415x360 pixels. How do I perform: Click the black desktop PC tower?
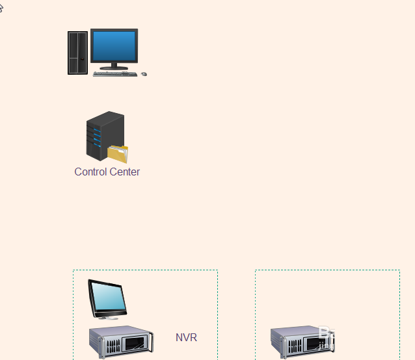pyautogui.click(x=77, y=53)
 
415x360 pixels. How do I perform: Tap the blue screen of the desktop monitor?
pyautogui.click(x=114, y=45)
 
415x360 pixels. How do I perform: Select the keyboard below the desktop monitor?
pyautogui.click(x=114, y=74)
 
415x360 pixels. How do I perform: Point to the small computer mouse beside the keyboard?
pyautogui.click(x=144, y=74)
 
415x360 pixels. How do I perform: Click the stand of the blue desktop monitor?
pyautogui.click(x=114, y=66)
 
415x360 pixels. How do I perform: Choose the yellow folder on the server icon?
pyautogui.click(x=118, y=154)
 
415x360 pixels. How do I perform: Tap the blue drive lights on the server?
pyautogui.click(x=97, y=139)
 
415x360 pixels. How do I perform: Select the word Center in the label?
pyautogui.click(x=124, y=172)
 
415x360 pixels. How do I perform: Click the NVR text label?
pyautogui.click(x=186, y=338)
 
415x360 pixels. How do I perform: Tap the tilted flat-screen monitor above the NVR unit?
pyautogui.click(x=107, y=297)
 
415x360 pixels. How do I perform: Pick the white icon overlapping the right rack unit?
pyautogui.click(x=325, y=336)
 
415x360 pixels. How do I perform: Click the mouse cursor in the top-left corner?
pyautogui.click(x=1, y=8)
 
